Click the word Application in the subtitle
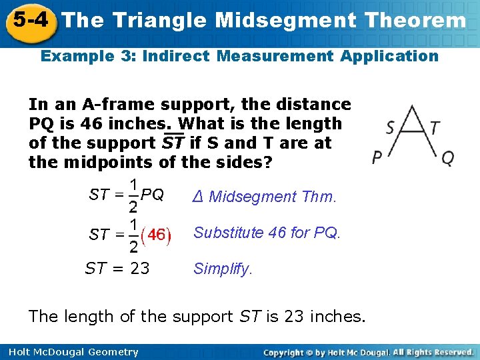tap(389, 56)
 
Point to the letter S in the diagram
tap(390, 127)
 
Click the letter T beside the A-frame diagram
tap(435, 127)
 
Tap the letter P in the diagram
tap(377, 158)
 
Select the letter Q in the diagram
tap(448, 158)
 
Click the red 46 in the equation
tap(157, 235)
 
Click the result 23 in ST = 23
tap(139, 269)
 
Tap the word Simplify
tap(223, 269)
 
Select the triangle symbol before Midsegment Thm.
tap(197, 197)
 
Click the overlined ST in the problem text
tap(173, 143)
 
